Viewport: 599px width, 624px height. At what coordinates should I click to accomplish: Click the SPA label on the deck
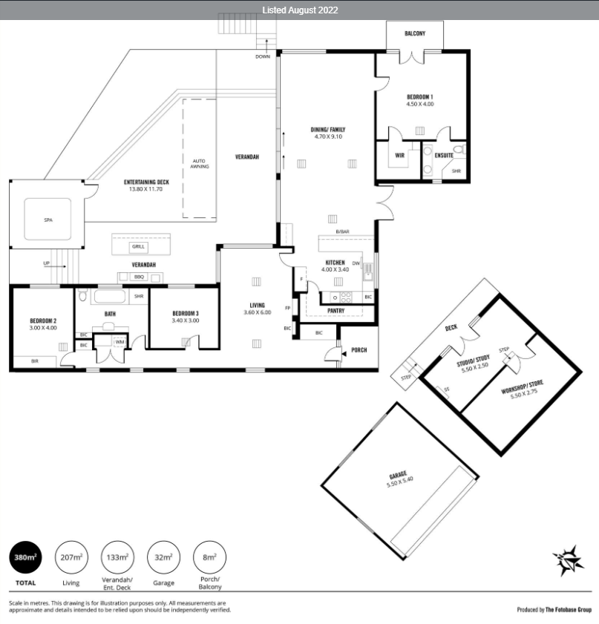[48, 220]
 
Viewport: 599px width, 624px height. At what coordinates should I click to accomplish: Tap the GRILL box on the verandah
[139, 247]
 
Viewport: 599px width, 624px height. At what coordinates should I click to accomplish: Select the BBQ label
[139, 277]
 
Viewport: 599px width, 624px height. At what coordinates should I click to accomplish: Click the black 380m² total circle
[25, 557]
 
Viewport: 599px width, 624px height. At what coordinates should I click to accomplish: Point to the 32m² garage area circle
[163, 557]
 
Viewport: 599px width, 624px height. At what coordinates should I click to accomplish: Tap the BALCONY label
[415, 34]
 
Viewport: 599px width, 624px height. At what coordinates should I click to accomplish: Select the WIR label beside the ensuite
[399, 156]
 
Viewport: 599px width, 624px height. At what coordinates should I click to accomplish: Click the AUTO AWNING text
[200, 164]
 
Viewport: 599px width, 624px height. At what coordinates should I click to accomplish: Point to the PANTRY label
[336, 311]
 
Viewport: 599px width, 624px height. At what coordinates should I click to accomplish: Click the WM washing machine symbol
[120, 342]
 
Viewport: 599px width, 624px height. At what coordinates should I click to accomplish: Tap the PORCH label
[359, 350]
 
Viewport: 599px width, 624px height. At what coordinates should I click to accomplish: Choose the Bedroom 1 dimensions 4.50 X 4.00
[420, 105]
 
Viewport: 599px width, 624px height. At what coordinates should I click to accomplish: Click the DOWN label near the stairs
[263, 57]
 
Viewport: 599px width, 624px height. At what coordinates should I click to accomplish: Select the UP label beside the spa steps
[47, 263]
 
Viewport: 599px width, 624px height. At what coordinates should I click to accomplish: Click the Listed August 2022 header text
[300, 10]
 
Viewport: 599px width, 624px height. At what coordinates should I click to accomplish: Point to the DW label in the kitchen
[356, 263]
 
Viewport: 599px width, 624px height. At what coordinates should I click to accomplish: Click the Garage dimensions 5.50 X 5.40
[400, 482]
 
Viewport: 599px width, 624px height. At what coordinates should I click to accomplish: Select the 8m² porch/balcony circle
[210, 557]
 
